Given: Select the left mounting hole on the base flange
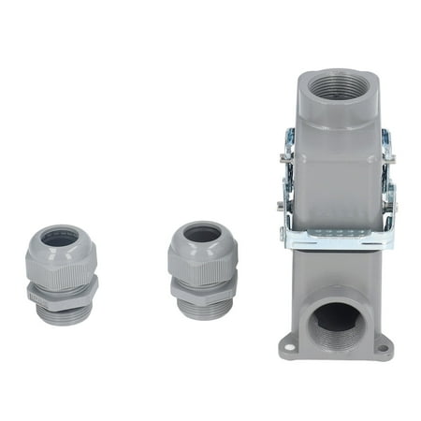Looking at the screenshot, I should coord(289,348).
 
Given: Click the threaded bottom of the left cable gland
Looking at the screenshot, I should coord(64,312).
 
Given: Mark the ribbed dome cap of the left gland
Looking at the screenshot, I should coord(62,256).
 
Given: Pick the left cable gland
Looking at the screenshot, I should coord(62,271).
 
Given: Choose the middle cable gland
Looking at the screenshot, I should coord(202,269).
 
